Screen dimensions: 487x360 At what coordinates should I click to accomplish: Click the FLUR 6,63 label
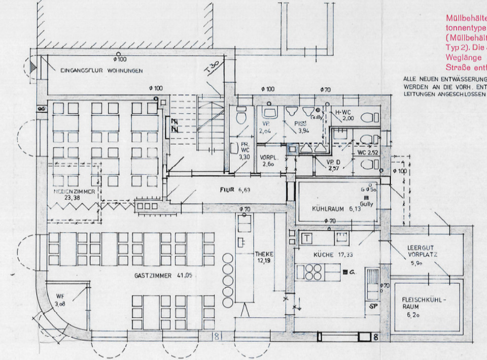pos(233,190)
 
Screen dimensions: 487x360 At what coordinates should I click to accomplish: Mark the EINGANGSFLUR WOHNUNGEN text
pos(101,70)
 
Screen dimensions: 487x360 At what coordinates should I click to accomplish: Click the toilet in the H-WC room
pos(368,118)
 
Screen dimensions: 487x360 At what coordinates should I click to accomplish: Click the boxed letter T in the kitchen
pos(308,238)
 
